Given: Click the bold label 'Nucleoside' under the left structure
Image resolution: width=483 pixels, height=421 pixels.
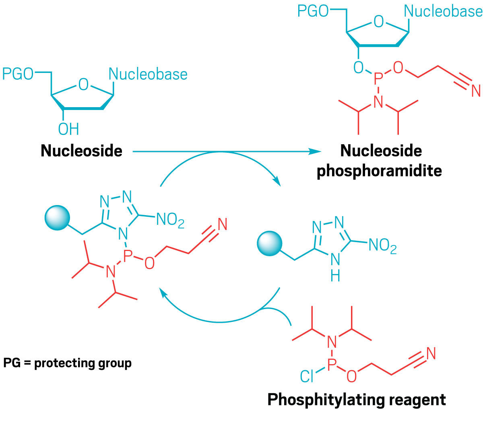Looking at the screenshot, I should [x=81, y=151].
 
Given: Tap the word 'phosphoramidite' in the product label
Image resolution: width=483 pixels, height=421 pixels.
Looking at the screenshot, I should [x=379, y=171].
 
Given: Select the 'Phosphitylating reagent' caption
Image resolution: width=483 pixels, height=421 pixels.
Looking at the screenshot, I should [x=357, y=400].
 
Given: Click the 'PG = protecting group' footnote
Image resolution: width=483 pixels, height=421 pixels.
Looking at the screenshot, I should [x=67, y=363].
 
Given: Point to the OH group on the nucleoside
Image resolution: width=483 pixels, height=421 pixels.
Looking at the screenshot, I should [x=68, y=129].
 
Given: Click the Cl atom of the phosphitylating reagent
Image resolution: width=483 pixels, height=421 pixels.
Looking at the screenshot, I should [x=307, y=376].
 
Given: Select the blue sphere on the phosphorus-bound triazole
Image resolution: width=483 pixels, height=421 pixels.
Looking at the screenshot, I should [x=57, y=218].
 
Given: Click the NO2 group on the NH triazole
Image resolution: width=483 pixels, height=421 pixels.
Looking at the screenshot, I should [x=382, y=246].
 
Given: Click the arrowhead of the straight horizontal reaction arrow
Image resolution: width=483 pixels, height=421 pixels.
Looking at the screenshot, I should [x=316, y=152].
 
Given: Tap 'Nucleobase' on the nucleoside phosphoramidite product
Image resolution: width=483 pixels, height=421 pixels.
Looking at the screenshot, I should [x=443, y=11].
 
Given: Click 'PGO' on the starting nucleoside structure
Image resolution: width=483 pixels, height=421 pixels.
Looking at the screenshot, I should [x=18, y=74].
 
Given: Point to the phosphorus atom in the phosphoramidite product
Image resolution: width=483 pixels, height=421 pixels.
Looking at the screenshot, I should [x=377, y=79].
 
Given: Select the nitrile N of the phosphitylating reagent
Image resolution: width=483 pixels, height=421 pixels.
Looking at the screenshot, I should [x=431, y=353].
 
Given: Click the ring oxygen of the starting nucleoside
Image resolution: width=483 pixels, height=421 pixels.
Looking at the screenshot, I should [x=83, y=85].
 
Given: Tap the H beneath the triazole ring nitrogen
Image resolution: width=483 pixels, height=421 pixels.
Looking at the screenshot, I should [x=335, y=276].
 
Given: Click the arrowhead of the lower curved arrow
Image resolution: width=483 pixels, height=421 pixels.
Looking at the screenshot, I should [x=163, y=293].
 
